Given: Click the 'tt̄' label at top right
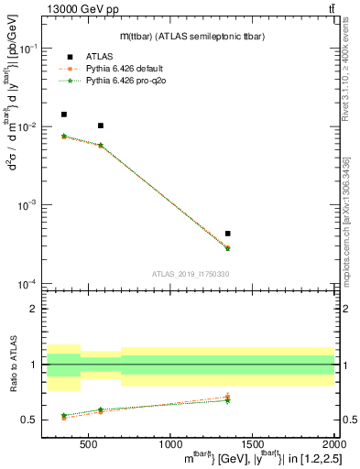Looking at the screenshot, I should point(329,8).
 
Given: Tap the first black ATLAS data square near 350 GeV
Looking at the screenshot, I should point(63,115).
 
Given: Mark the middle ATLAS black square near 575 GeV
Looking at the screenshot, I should point(101,125).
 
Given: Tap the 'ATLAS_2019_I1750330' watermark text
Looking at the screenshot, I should point(190,274).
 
